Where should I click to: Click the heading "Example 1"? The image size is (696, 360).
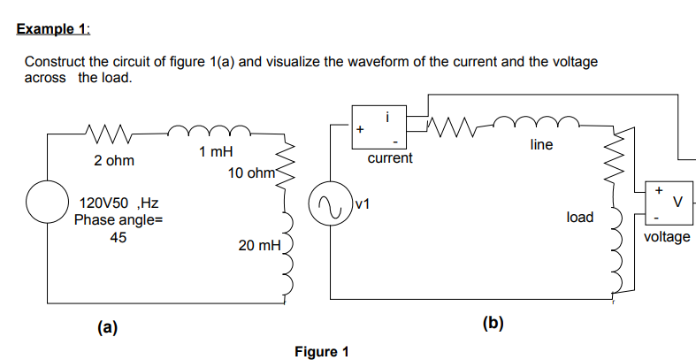pos(54,28)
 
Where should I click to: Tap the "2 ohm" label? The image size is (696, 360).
pos(113,162)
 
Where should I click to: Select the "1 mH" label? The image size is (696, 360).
pos(216,152)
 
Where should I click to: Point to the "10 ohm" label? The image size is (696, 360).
pos(251,172)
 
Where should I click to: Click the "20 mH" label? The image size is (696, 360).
pos(259,244)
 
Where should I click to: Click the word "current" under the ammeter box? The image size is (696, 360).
pos(389,158)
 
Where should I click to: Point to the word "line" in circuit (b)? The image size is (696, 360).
pos(542,144)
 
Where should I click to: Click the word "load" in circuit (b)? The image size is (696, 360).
pos(579,217)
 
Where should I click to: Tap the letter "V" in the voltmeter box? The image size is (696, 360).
pos(678,201)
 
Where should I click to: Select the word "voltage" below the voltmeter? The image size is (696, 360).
pos(668,237)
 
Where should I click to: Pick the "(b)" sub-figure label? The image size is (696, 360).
pos(493,323)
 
